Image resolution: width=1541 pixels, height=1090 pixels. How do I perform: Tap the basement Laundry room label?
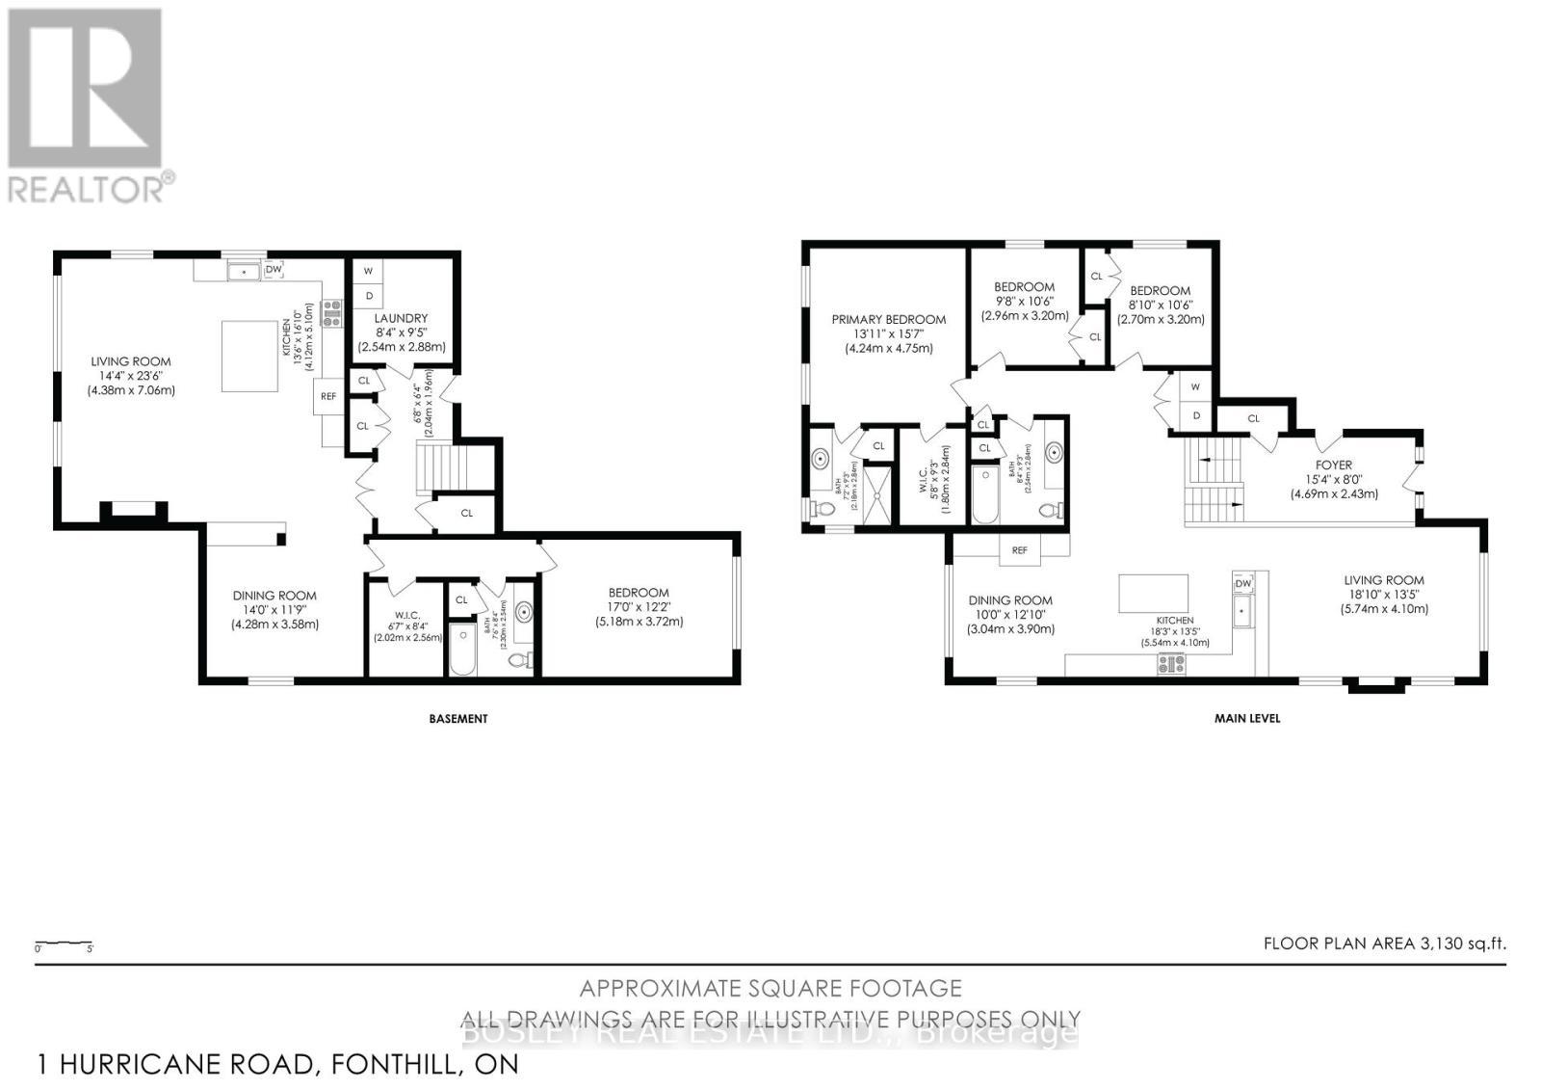tap(401, 318)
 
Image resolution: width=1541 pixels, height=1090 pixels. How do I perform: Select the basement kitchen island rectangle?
tap(250, 357)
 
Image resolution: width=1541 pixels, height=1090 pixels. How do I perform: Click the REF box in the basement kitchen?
tap(328, 395)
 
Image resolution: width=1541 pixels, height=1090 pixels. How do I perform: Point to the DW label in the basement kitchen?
tap(274, 270)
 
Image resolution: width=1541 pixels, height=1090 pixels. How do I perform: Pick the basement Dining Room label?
tap(274, 596)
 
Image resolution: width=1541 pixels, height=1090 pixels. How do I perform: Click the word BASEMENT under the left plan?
tap(458, 718)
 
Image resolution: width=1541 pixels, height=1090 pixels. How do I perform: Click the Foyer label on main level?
tap(1334, 465)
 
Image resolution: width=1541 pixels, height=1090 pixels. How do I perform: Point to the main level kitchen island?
tap(1153, 594)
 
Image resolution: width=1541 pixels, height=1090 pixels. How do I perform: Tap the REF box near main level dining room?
tap(1019, 550)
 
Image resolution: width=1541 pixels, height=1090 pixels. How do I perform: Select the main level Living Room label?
tap(1384, 580)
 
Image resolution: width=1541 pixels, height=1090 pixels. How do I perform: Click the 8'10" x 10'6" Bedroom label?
tap(1160, 290)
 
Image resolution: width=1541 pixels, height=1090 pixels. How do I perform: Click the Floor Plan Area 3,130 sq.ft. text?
tap(1384, 944)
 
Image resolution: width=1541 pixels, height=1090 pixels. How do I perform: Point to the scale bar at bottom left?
tap(64, 943)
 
